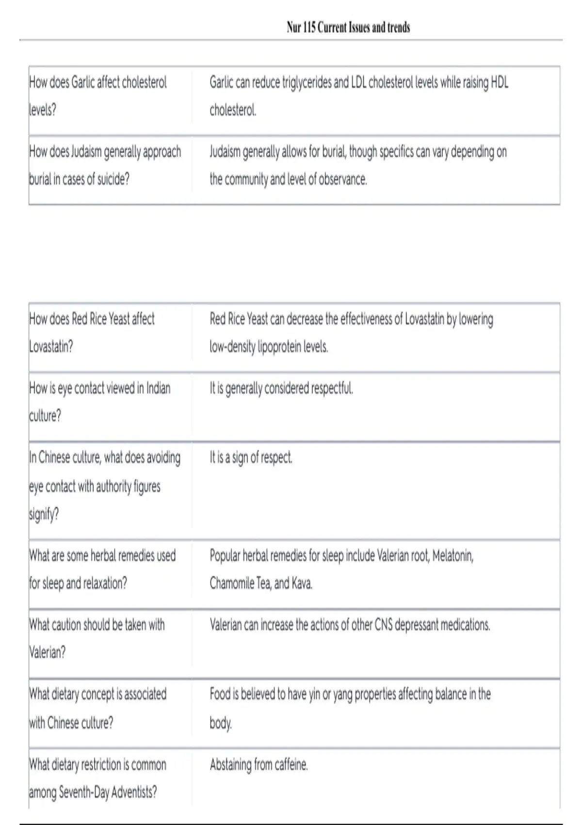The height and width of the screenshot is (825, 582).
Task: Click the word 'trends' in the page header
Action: point(399,28)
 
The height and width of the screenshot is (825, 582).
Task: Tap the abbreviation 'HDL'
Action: point(500,82)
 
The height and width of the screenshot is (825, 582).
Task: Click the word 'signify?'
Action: point(44,514)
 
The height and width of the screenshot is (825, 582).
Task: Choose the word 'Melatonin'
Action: point(453,555)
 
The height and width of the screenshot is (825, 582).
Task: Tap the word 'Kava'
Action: point(302,583)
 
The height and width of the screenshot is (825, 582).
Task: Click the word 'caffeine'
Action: point(291,765)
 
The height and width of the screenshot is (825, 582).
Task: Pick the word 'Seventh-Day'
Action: point(83,792)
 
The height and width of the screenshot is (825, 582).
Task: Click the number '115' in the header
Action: point(309,28)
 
